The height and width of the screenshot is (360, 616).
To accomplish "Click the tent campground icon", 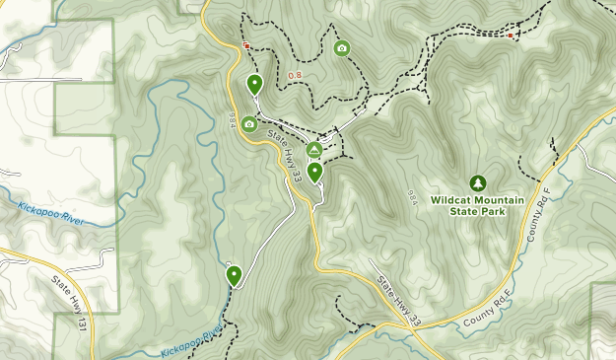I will click(x=313, y=150).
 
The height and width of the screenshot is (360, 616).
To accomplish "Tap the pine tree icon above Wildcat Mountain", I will click(x=478, y=182).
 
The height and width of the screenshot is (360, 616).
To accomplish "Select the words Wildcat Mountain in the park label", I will click(x=477, y=198).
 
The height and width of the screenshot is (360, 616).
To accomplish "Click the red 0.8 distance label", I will click(x=295, y=76).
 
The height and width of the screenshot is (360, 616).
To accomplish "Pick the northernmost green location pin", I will click(x=254, y=85).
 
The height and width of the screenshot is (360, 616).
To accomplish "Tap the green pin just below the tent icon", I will click(x=314, y=173).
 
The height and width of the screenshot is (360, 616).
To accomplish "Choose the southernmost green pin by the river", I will click(x=234, y=275).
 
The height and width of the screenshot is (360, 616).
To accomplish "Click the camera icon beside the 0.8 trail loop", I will click(x=341, y=48).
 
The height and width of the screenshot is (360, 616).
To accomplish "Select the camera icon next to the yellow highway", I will click(x=249, y=124).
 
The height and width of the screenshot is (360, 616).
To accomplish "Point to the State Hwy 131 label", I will click(x=70, y=296).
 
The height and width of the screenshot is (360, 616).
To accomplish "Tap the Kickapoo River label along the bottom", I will click(x=189, y=338).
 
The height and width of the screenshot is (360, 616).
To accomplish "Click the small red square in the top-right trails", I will click(x=511, y=36).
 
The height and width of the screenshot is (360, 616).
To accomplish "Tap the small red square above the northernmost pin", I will click(x=246, y=45).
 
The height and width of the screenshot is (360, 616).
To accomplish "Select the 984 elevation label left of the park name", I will click(x=412, y=196).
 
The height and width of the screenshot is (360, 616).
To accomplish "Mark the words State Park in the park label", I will click(x=477, y=210).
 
